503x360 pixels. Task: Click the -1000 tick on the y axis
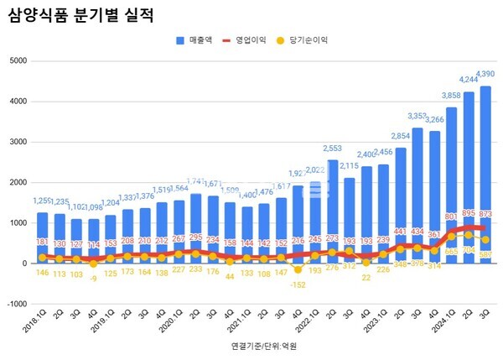point(15,304)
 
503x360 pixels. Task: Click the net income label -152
point(298,284)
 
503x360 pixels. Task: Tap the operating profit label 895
point(469,213)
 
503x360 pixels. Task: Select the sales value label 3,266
point(434,120)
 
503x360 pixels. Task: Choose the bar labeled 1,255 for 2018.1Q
point(43,235)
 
